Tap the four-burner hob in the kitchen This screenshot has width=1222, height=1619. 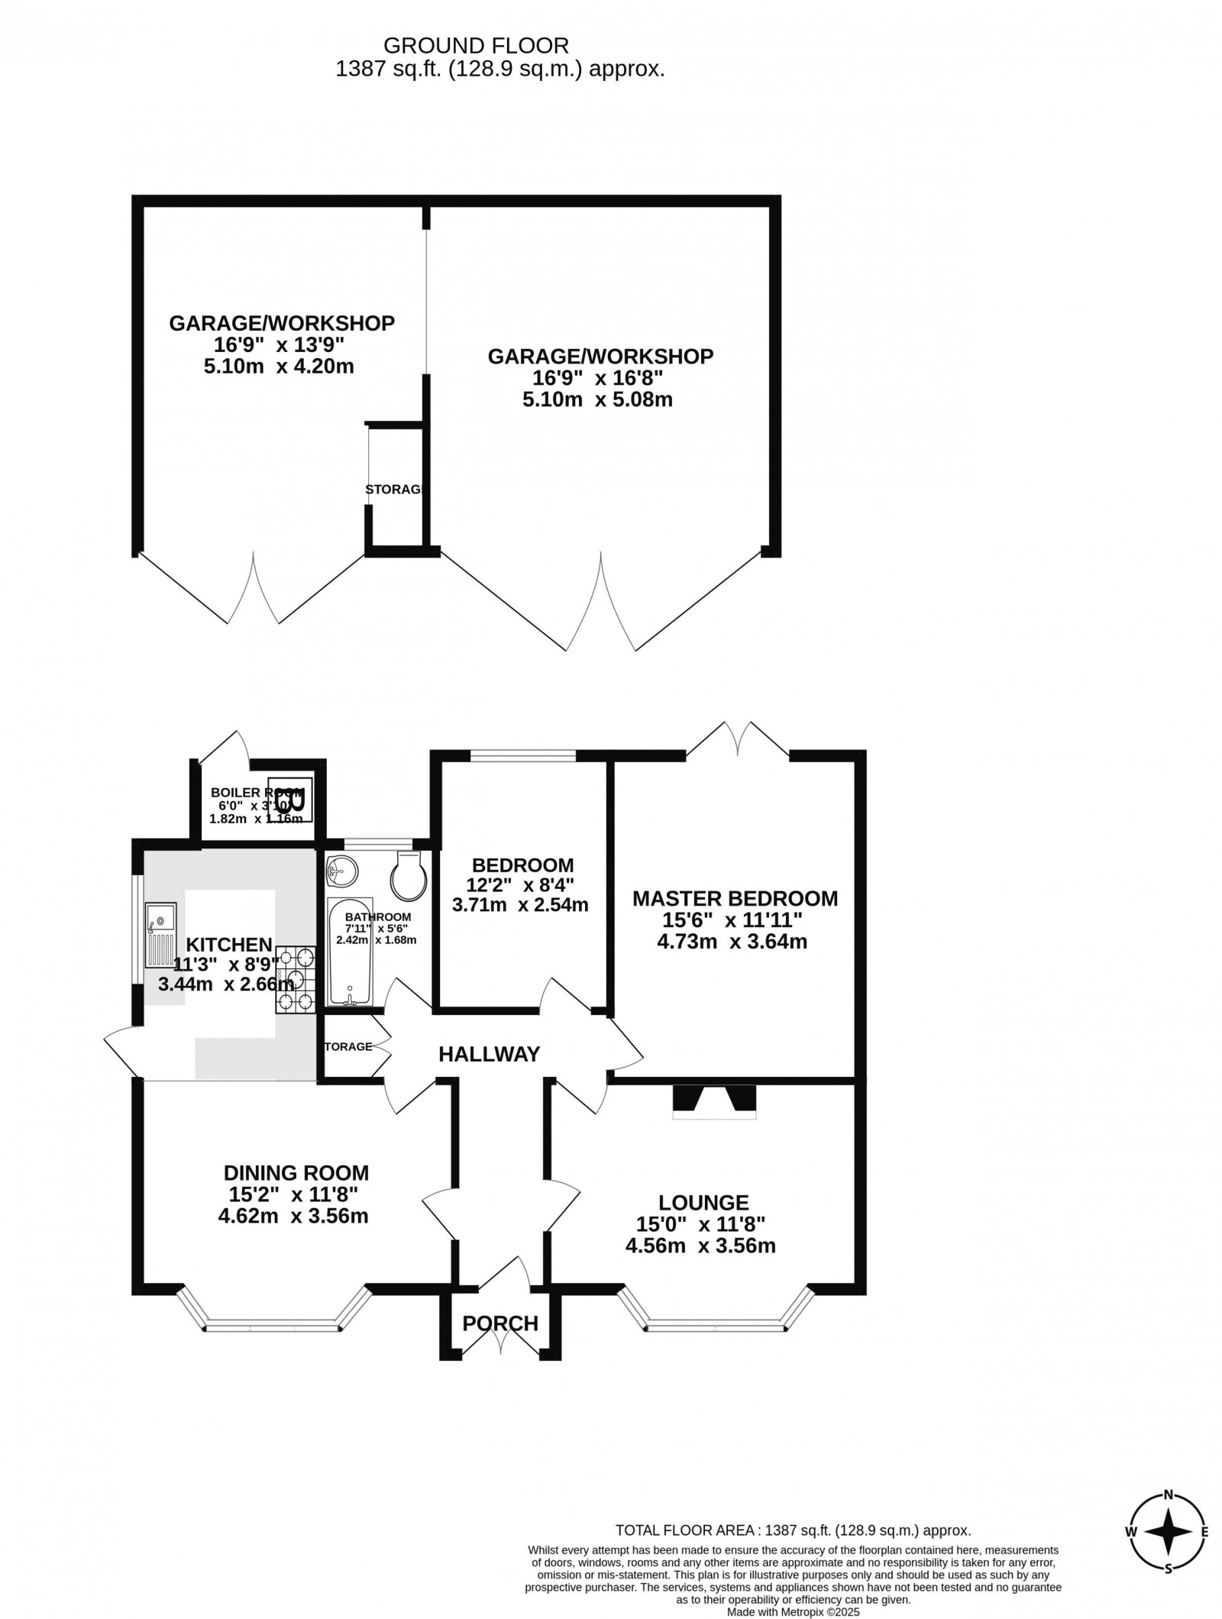pos(296,980)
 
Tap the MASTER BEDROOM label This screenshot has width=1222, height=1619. pos(735,898)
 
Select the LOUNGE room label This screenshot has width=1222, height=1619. pos(704,1203)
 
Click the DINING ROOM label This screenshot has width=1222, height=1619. pos(296,1172)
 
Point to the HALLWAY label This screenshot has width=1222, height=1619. pos(489,1055)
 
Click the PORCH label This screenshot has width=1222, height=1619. pos(500,1323)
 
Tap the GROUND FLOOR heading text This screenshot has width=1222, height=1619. pos(475,45)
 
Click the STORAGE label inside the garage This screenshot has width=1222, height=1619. pos(393,490)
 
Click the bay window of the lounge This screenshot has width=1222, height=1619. pos(716,1327)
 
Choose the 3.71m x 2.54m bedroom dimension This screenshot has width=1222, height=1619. pos(521,906)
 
